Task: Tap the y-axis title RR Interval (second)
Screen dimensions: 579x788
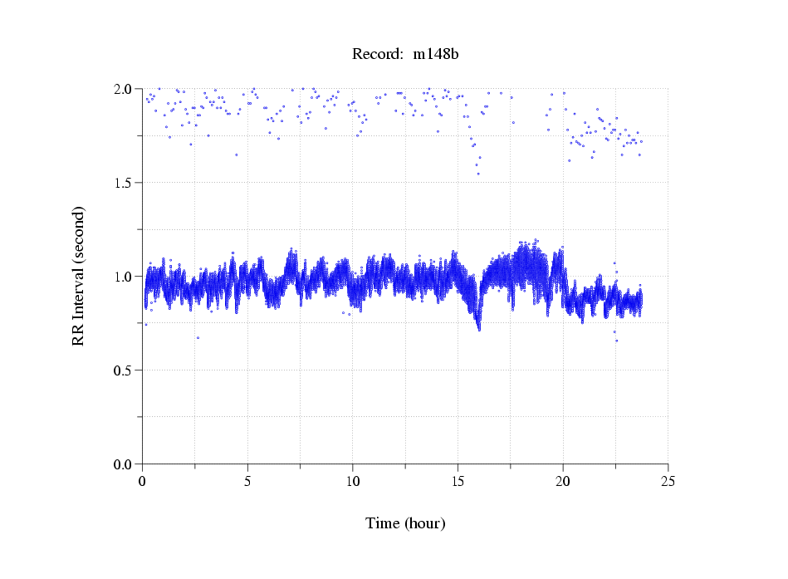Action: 78,275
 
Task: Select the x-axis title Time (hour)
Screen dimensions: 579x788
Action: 405,523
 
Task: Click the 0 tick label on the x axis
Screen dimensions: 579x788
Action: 143,481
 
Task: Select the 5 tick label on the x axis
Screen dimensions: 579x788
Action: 247,481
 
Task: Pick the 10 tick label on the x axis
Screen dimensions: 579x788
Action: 353,481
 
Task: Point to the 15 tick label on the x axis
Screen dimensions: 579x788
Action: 458,481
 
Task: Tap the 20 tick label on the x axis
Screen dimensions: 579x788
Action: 563,481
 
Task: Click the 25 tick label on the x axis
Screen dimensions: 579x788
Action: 668,481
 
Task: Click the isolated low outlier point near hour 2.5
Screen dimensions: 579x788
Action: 198,337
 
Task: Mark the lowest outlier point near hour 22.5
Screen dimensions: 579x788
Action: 616,341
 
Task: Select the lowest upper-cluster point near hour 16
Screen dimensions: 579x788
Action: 478,174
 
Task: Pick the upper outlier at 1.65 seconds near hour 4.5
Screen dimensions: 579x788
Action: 237,155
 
